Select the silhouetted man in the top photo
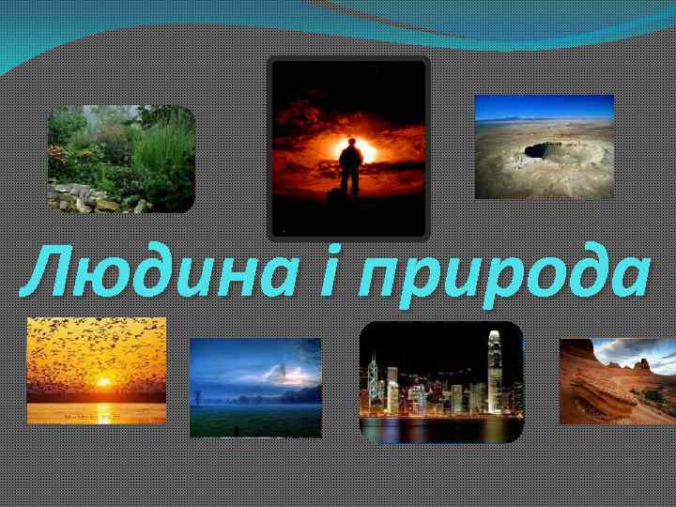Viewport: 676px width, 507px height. [x=349, y=167]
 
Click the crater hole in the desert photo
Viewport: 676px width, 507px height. [x=542, y=149]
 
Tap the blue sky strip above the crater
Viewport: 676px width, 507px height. [x=544, y=105]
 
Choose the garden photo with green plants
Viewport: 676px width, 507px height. [x=121, y=158]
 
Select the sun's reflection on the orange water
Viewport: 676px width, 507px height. [x=101, y=409]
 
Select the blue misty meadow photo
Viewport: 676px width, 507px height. [x=255, y=387]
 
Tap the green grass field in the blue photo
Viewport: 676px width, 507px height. [x=255, y=420]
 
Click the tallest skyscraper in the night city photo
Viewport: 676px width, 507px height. [x=494, y=366]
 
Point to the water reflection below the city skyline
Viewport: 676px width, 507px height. [x=440, y=429]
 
